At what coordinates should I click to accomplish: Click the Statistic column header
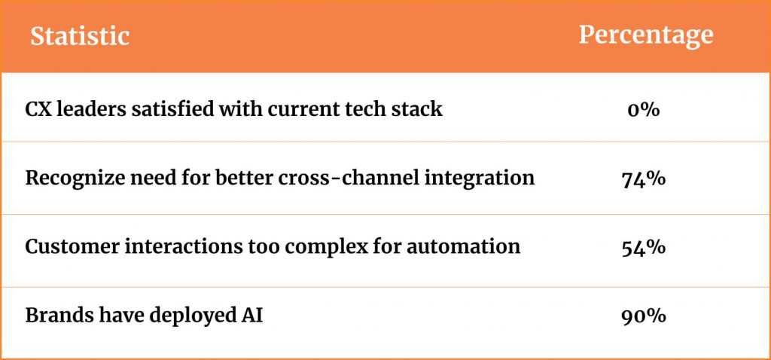pyautogui.click(x=80, y=36)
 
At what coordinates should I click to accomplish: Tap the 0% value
pyautogui.click(x=643, y=110)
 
